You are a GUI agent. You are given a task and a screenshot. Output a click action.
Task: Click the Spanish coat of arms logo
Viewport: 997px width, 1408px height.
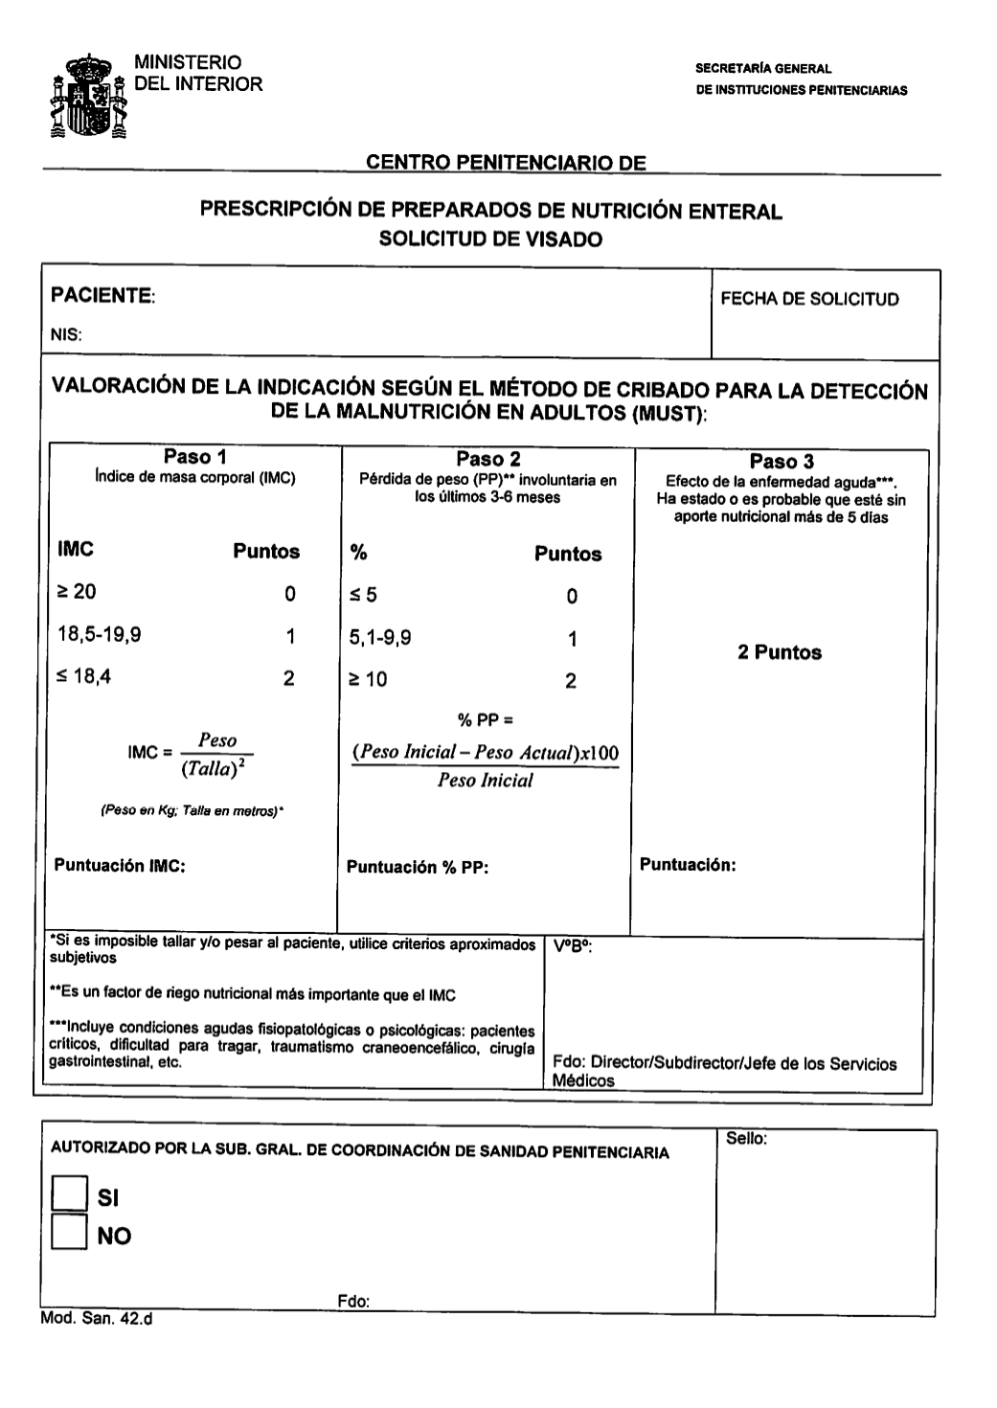coord(88,97)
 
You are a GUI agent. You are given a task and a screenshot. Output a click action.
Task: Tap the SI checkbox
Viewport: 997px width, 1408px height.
coord(69,1193)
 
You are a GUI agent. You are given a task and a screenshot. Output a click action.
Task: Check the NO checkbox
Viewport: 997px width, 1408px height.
coord(69,1233)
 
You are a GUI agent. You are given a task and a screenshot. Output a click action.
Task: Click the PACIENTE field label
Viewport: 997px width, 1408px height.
coord(102,295)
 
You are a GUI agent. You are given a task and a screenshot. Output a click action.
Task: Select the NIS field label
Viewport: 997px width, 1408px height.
coord(66,335)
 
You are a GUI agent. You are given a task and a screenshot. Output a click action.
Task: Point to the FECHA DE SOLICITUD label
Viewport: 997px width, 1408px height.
coord(809,299)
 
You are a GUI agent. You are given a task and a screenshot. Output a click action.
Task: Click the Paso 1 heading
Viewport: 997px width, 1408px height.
coord(195,457)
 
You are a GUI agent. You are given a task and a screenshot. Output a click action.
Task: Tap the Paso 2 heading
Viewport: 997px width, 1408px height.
coord(488,459)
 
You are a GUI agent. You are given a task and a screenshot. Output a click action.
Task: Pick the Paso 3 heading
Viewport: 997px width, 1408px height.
coord(782,462)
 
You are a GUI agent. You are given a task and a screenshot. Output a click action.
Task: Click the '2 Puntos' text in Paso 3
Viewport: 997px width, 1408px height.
coord(780,652)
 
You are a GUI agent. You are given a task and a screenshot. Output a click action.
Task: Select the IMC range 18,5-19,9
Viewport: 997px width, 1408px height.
coord(100,634)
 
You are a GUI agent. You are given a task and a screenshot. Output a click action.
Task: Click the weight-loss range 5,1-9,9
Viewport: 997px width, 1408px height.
coord(380,637)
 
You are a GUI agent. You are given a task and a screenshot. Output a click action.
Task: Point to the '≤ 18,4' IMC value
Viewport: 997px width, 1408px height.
coord(84,676)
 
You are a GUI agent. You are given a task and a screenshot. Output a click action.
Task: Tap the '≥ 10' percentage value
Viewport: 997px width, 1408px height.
coord(369,680)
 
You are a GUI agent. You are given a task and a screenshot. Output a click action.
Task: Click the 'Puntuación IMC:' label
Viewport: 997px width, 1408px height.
coord(120,865)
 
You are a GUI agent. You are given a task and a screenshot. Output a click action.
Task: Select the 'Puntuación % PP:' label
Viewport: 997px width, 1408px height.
coord(418,868)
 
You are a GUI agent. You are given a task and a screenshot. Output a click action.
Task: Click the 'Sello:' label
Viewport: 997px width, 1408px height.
coord(747,1139)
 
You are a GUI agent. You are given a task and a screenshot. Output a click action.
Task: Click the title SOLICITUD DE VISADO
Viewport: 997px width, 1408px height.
coord(490,239)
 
